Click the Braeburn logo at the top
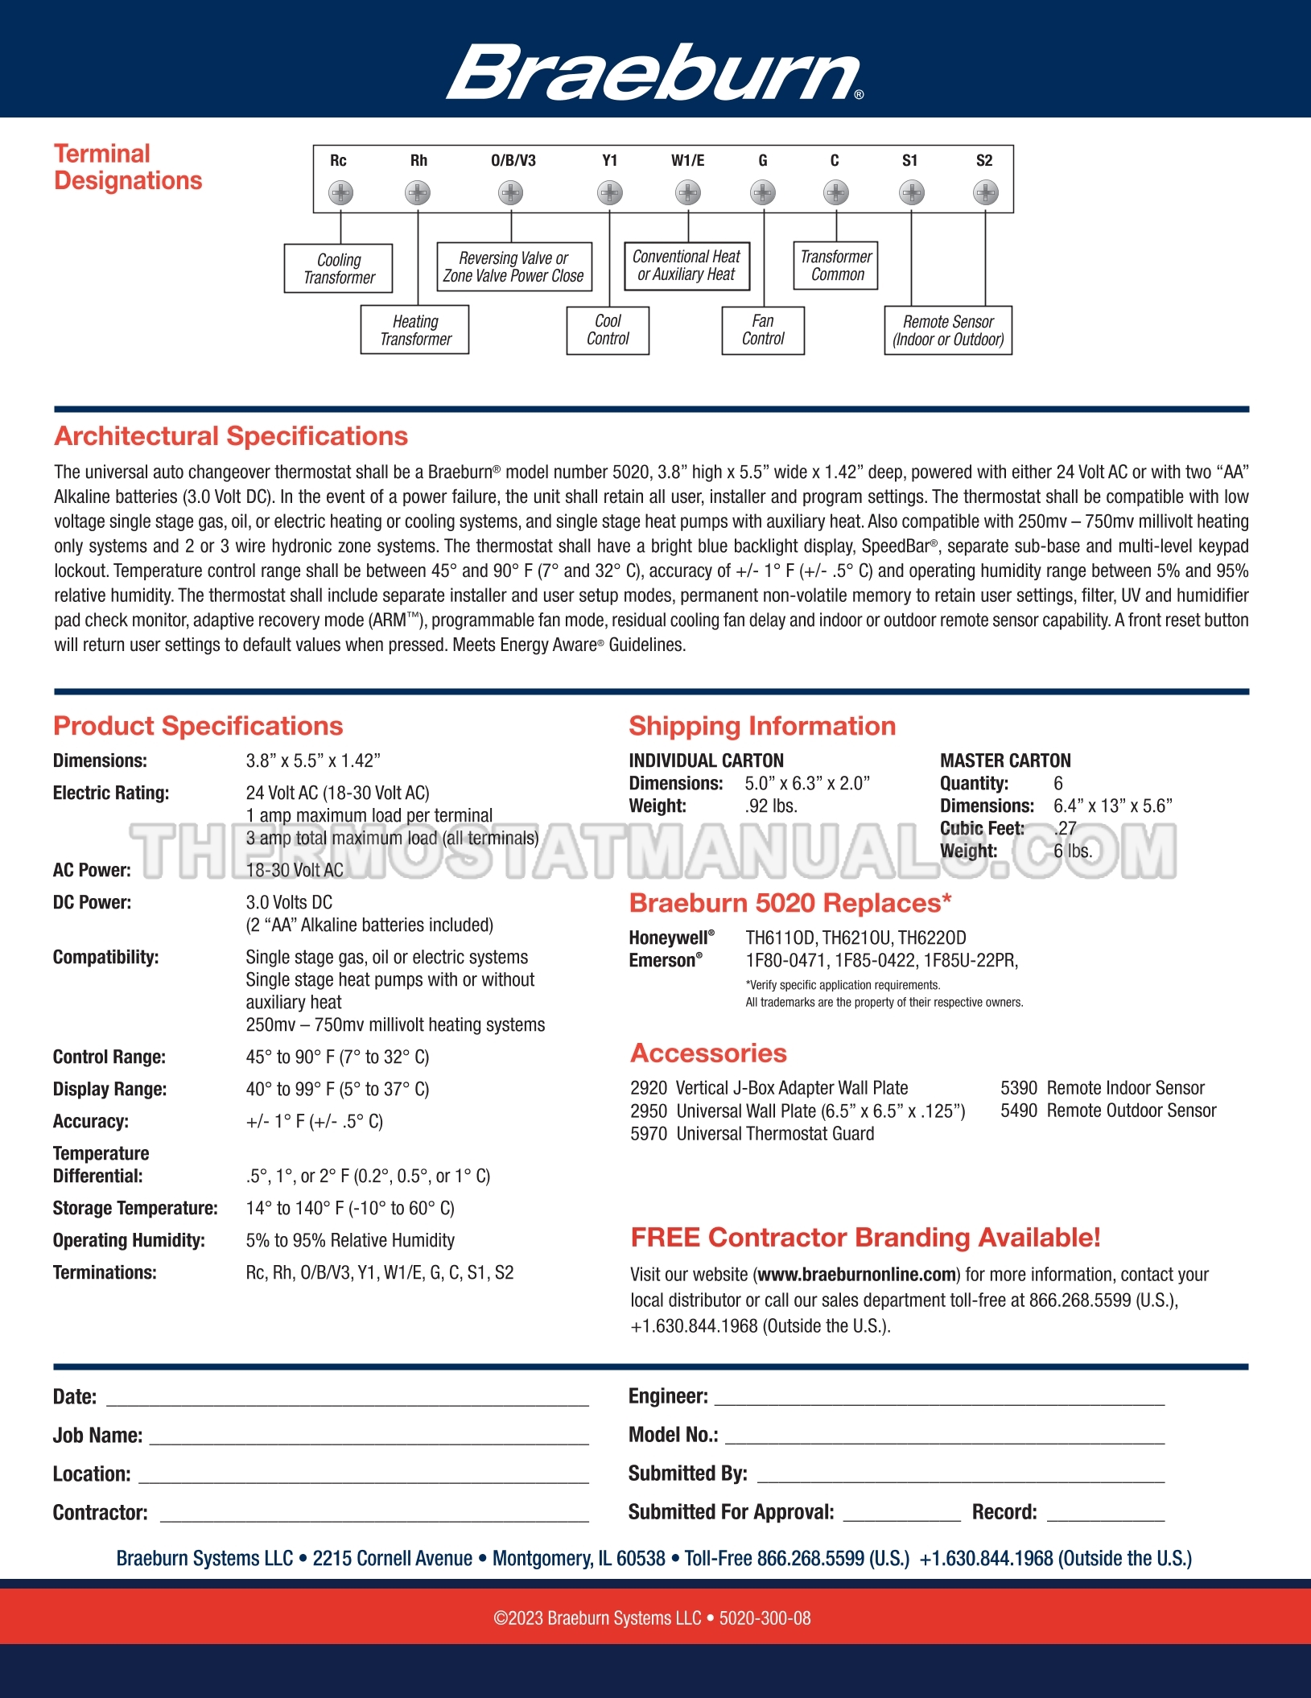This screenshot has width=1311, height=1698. coord(654,72)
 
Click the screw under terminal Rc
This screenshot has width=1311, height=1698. coord(341,193)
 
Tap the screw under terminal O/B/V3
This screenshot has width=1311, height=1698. coord(511,193)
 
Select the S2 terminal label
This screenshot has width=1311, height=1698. coord(984,161)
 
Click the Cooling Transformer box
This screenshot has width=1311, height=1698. coord(339,269)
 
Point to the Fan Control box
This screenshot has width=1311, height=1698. coord(763,331)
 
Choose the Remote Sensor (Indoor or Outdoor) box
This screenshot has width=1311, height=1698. coord(948,331)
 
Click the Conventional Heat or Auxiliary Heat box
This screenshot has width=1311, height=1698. coord(686,266)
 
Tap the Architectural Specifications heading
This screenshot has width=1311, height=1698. coord(231,436)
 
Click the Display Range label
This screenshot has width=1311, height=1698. coord(109,1090)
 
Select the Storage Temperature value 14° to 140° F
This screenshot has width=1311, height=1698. coord(350,1209)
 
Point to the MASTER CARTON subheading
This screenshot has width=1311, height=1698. coord(1005,760)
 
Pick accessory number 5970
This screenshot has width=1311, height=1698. coord(649,1134)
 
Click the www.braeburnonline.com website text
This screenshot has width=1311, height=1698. coord(856,1275)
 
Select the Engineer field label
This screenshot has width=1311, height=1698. coord(668,1397)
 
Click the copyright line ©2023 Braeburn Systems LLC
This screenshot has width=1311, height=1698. coord(652,1618)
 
